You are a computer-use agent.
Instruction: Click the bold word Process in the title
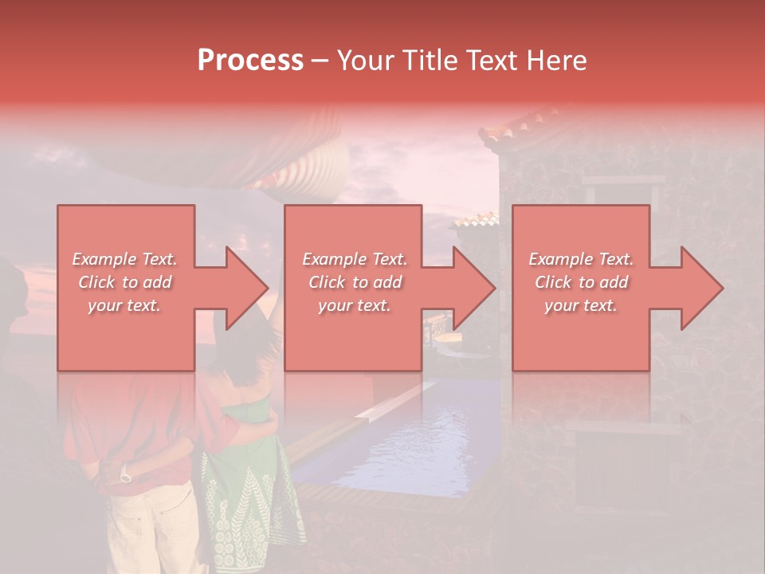point(250,60)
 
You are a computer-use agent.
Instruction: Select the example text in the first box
point(124,282)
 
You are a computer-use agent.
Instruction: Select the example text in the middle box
point(354,282)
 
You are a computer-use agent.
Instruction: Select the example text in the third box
point(581,282)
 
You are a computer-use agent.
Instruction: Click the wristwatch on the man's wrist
point(125,476)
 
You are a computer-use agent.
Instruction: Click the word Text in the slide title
point(489,60)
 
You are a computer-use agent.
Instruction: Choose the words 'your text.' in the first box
point(124,305)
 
